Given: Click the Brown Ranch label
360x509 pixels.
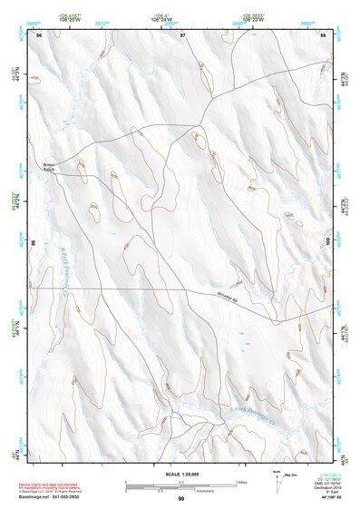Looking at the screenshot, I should click(x=51, y=166).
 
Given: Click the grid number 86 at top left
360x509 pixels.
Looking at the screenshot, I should click(x=39, y=34).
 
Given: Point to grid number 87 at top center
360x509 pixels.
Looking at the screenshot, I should click(x=182, y=34).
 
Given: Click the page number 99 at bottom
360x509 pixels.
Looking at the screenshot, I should click(x=180, y=499).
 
